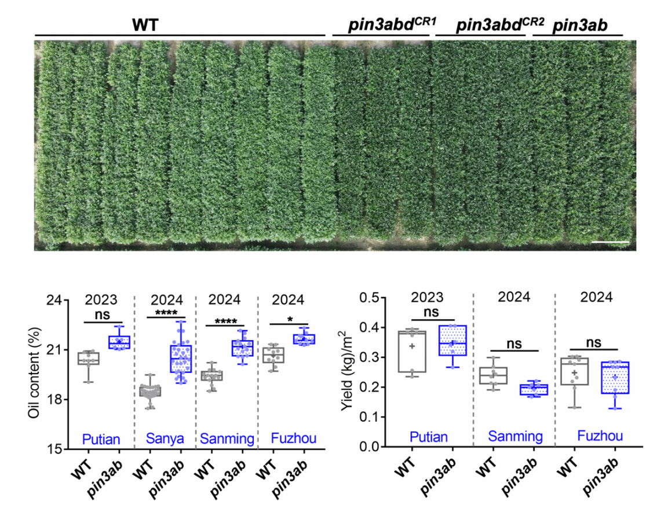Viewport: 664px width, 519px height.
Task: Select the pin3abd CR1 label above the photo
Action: pos(384,25)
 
